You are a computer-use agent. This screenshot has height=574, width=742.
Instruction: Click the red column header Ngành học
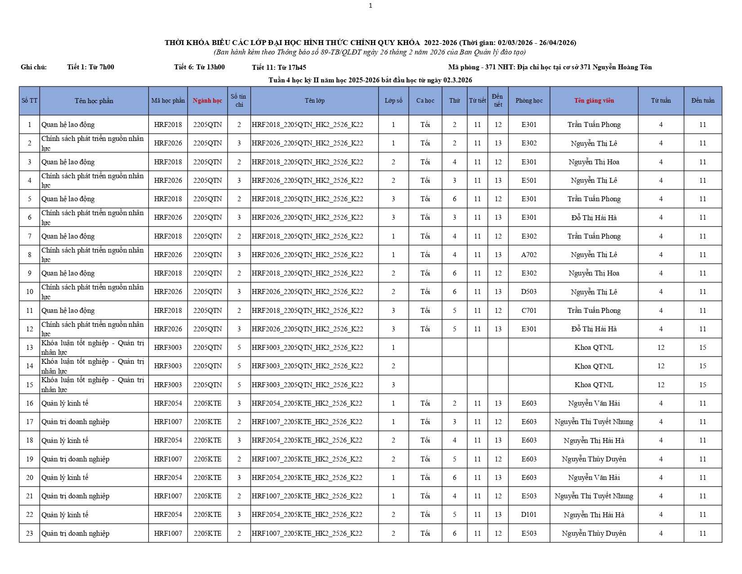coord(207,100)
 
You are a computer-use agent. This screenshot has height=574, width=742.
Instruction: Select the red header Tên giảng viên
coord(594,100)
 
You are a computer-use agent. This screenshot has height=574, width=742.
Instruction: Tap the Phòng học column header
coord(529,100)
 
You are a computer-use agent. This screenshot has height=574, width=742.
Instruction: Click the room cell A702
coord(529,255)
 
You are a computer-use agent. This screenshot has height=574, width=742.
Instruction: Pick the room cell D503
coord(529,292)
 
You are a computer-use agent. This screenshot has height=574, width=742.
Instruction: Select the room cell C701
coord(529,311)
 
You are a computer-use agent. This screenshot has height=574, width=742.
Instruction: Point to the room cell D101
coord(529,515)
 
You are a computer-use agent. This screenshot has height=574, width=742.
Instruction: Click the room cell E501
coord(529,181)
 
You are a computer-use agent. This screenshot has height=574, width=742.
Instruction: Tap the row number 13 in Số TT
coord(30,348)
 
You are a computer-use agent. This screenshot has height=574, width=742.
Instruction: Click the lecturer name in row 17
coord(594,422)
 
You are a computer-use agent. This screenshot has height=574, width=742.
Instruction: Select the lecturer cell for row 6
coord(594,218)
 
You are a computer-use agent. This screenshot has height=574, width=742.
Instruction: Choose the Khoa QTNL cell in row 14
coord(594,366)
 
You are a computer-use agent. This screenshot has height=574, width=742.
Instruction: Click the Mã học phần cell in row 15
coord(168,385)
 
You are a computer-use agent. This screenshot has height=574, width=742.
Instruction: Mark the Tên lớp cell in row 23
coord(307,533)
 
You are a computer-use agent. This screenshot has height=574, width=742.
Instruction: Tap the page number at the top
coord(370,6)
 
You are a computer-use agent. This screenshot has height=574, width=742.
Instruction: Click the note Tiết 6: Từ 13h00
coord(199,67)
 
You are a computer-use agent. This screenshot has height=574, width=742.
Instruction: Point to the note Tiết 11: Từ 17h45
coord(279,68)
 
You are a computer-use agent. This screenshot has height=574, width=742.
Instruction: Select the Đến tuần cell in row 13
coord(702,348)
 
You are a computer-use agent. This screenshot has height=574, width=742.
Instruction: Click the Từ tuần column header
coord(661,100)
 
